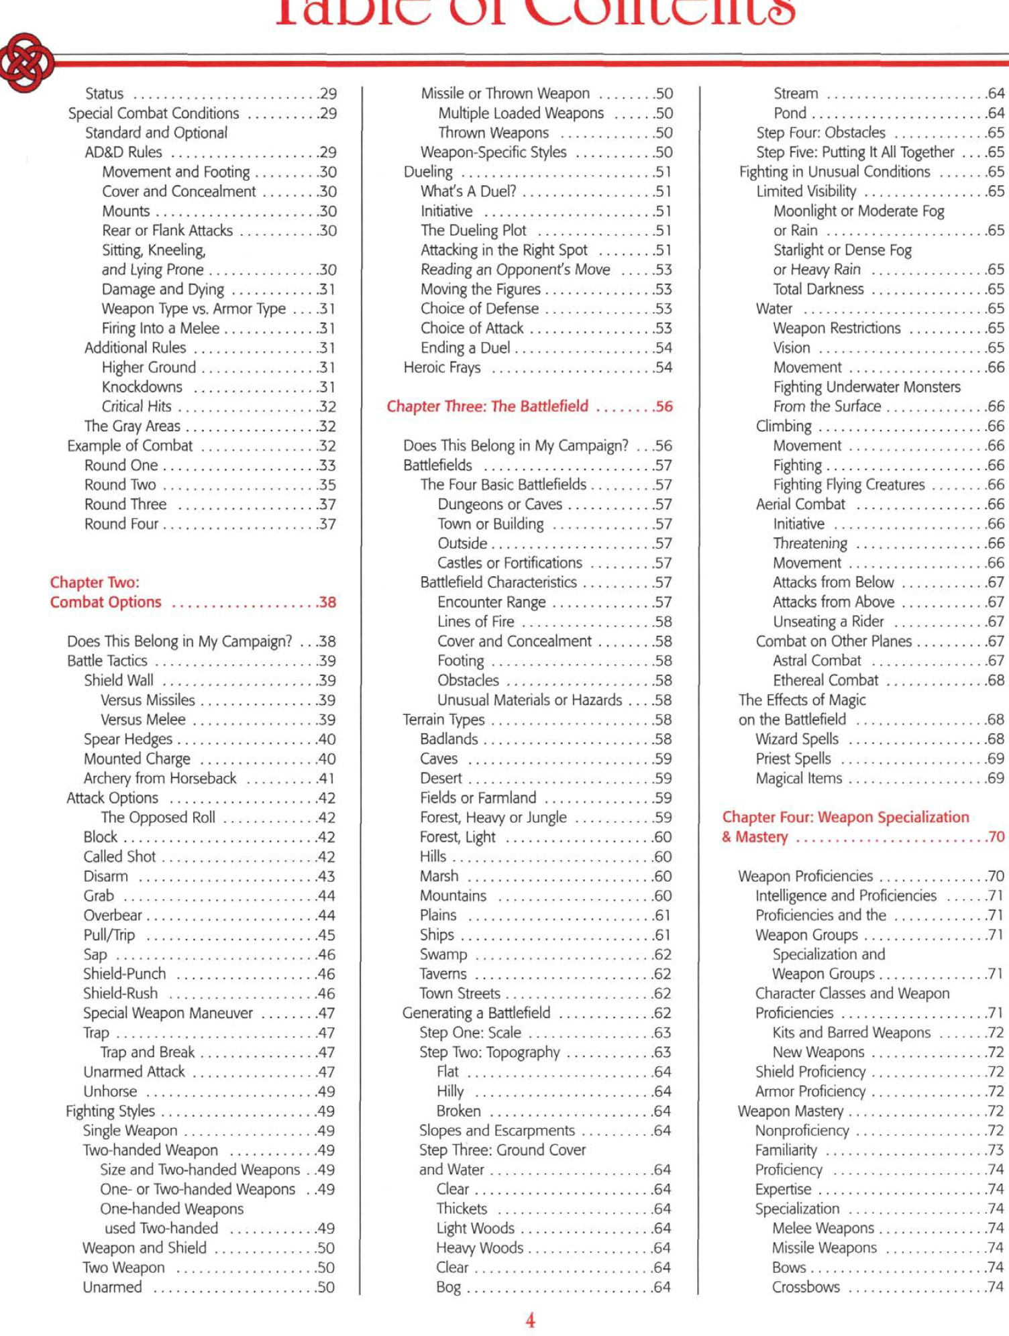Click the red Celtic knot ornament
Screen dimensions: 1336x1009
tap(25, 62)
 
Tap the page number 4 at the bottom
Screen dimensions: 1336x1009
tap(530, 1320)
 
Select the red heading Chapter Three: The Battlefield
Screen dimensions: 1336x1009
tap(487, 406)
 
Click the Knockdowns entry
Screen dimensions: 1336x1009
tap(142, 387)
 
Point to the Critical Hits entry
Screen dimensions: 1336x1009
tap(136, 406)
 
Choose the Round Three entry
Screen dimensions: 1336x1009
tap(125, 504)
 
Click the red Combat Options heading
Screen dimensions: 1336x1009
tap(105, 602)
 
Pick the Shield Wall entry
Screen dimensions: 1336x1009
tap(119, 680)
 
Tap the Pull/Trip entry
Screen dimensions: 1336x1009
tap(109, 935)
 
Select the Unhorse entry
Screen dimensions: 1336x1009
tap(110, 1091)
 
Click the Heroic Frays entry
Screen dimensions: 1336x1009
tap(442, 368)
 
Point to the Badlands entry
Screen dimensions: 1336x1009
tap(449, 739)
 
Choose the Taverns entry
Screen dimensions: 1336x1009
tap(443, 974)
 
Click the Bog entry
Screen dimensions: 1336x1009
tap(448, 1287)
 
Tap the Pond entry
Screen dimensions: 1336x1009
tap(790, 113)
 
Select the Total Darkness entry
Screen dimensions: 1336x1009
tap(818, 289)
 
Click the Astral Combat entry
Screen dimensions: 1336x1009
tap(816, 661)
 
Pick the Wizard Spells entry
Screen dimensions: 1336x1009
tap(796, 739)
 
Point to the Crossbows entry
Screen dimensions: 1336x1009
tap(805, 1287)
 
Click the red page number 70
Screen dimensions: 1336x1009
tap(996, 837)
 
